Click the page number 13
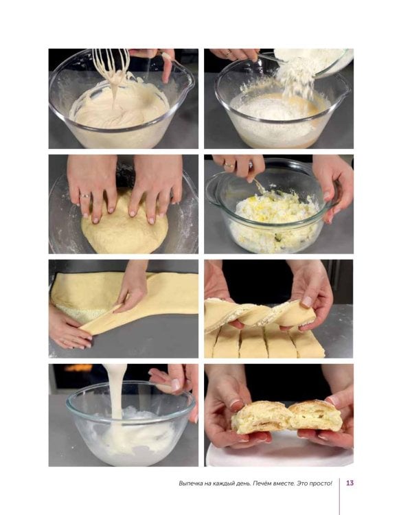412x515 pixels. (350, 483)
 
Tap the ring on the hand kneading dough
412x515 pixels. (84, 196)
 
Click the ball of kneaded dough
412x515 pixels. (124, 227)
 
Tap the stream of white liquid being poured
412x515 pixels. (116, 394)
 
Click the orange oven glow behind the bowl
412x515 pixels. (79, 367)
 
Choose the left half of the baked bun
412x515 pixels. (260, 417)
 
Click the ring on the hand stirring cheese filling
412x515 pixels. (229, 165)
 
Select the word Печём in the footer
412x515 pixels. (262, 483)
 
